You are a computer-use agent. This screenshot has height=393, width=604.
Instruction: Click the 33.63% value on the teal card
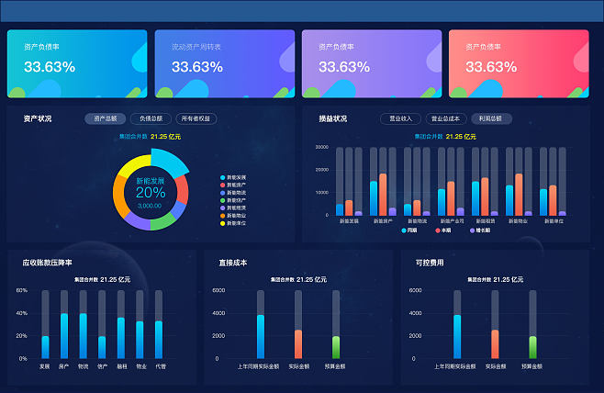(50, 67)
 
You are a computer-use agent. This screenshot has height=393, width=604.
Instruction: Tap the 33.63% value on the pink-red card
(491, 67)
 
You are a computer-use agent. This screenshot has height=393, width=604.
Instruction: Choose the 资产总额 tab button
(105, 118)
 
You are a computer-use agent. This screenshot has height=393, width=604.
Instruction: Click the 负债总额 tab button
(151, 118)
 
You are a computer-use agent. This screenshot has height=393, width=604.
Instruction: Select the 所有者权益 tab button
(196, 118)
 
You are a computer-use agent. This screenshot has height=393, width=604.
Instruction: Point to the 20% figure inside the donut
(151, 193)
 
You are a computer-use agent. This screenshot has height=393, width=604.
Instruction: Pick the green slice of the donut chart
(162, 220)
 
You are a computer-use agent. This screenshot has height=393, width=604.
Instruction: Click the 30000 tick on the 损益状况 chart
(321, 147)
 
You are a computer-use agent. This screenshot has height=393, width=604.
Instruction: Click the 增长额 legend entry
(479, 230)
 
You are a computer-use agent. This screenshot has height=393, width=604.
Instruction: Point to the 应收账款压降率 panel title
(49, 263)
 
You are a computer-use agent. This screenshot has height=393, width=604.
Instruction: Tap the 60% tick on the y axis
(22, 290)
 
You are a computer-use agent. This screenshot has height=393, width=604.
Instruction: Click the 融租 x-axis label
(121, 366)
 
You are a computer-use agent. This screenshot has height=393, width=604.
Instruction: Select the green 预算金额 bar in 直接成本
(336, 347)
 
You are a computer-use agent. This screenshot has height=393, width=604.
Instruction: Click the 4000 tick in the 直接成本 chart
(218, 313)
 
